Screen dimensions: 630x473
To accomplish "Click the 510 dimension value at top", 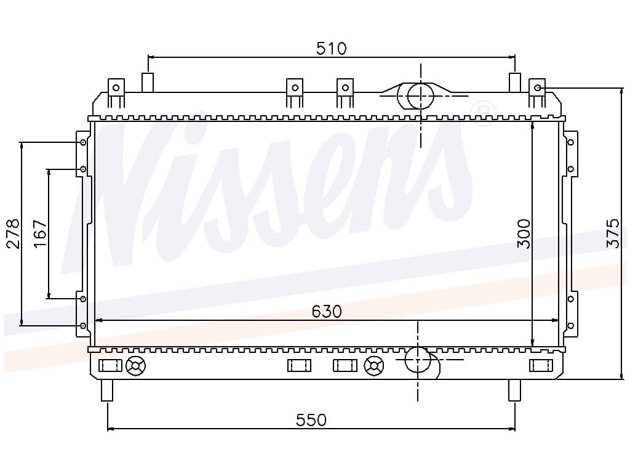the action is (331, 48).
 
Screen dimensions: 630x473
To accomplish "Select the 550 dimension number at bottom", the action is (311, 420).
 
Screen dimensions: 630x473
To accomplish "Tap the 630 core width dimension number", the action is (327, 311).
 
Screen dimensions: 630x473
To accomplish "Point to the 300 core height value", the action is (524, 233).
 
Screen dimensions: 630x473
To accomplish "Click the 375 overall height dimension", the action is (613, 233).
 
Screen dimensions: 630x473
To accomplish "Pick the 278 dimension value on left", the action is (13, 233).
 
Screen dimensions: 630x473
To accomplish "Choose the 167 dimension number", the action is (40, 233).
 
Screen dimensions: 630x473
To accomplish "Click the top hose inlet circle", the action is (421, 96).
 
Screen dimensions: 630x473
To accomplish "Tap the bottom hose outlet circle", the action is (418, 359).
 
